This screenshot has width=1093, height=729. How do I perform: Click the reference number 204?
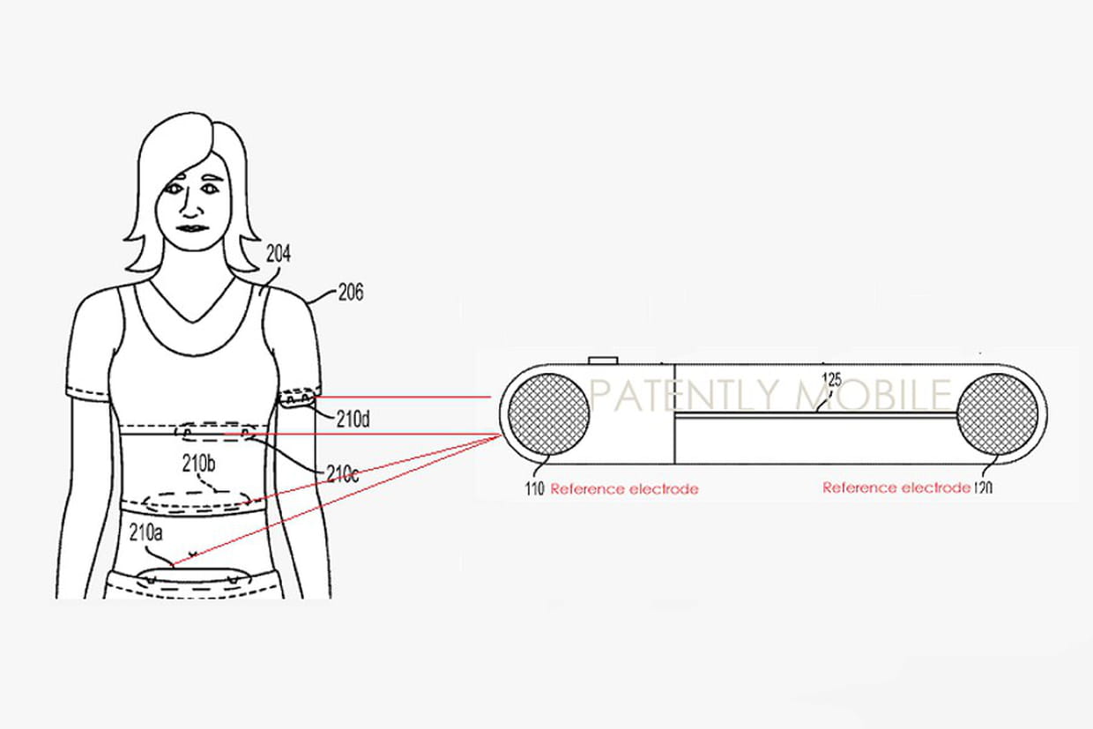(279, 254)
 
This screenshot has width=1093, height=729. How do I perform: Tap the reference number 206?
(351, 293)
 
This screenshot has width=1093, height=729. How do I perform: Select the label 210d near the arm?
(353, 419)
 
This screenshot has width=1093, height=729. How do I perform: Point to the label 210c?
(342, 473)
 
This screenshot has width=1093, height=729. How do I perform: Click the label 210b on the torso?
(198, 465)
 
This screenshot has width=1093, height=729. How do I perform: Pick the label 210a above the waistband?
(145, 533)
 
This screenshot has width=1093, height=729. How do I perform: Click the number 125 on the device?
(832, 380)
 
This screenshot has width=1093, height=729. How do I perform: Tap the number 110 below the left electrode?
(534, 489)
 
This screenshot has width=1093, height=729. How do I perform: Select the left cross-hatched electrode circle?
(548, 414)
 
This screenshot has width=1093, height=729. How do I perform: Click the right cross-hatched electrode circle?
(998, 414)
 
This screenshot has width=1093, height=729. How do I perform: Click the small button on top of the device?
(603, 361)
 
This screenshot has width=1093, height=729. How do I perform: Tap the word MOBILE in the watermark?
(874, 394)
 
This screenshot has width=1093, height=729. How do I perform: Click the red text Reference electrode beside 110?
(624, 489)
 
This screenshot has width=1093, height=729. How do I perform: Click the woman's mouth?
(193, 228)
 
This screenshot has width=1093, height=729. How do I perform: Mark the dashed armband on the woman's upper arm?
(296, 396)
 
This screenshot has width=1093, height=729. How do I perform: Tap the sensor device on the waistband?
(194, 579)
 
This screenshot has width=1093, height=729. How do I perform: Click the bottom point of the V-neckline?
(193, 323)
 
